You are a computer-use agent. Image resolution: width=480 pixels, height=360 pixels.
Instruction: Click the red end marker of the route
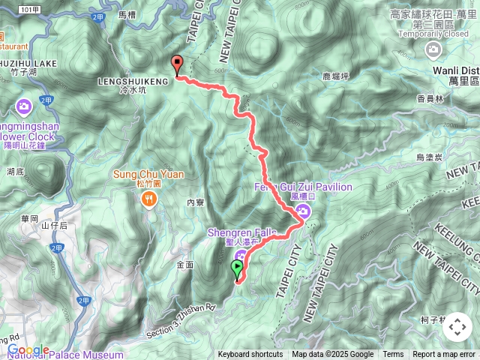(177, 64)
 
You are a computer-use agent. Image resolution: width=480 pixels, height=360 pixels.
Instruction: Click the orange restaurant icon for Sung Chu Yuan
(148, 199)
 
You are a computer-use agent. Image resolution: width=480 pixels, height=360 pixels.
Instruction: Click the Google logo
(28, 349)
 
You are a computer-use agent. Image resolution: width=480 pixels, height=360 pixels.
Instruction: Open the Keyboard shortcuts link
(250, 355)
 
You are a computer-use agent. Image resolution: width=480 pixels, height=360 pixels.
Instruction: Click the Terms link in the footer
(393, 355)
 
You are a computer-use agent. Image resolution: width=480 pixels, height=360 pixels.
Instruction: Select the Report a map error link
(444, 355)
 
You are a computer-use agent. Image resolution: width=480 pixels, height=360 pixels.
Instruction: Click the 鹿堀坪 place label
(336, 76)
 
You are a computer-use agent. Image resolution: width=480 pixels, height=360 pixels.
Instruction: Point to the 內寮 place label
(196, 202)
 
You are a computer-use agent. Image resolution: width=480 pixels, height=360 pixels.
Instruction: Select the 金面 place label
(184, 264)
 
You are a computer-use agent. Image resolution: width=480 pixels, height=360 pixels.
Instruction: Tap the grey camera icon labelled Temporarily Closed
(433, 49)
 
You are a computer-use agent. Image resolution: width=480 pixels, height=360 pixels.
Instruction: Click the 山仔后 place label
(54, 226)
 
